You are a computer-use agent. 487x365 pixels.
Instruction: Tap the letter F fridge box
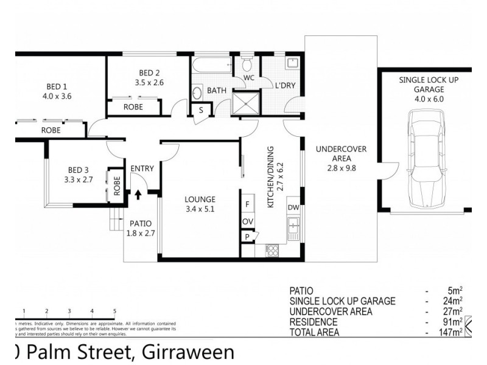[x=248, y=204]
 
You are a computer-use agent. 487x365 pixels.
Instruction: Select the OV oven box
[x=248, y=221]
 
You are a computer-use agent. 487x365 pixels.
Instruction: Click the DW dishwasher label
[x=293, y=207]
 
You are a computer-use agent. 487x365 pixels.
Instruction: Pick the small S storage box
[x=201, y=110]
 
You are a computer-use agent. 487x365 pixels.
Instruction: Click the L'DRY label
[x=285, y=86]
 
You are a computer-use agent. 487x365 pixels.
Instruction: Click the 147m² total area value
[x=452, y=332]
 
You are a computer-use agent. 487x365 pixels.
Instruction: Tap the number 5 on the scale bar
[x=114, y=311]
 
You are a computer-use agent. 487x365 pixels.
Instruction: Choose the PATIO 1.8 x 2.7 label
[x=141, y=228]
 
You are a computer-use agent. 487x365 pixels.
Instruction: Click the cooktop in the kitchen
[x=272, y=249]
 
